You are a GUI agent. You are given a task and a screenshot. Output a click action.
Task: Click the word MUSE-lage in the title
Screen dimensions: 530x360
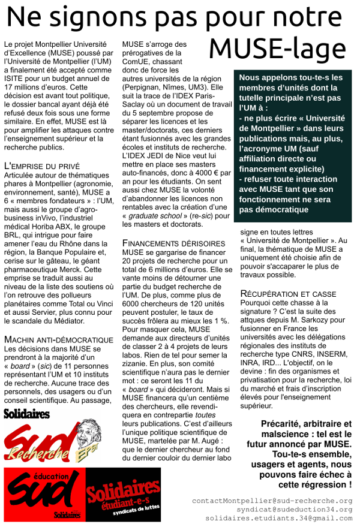click(278, 47)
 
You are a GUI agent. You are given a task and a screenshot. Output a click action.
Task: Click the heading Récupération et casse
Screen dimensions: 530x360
click(288, 294)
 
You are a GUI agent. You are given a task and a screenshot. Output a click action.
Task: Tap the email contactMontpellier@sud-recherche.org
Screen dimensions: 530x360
click(272, 501)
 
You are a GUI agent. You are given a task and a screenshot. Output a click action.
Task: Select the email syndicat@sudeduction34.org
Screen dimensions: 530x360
click(286, 509)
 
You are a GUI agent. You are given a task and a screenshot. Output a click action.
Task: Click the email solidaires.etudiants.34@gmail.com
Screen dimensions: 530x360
click(279, 517)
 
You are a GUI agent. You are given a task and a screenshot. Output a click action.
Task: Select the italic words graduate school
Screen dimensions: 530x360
click(150, 216)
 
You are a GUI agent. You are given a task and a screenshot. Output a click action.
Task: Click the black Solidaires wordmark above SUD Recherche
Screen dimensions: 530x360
click(28, 414)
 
